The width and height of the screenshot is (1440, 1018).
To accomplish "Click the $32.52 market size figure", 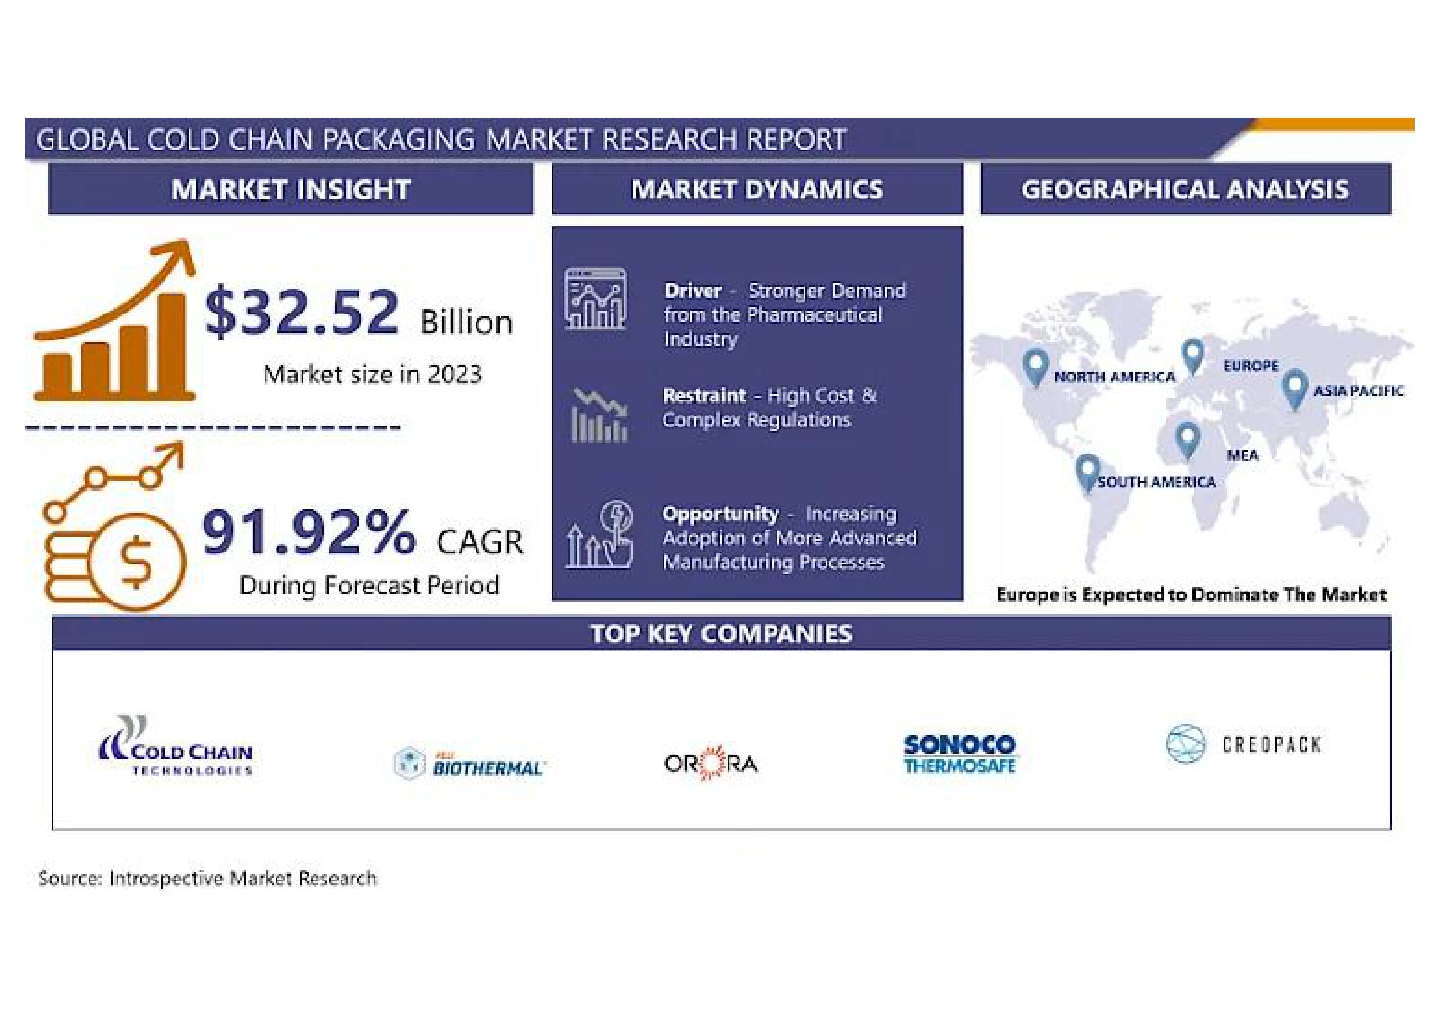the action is click(x=301, y=312).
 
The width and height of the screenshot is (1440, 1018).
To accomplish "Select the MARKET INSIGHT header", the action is click(x=291, y=189).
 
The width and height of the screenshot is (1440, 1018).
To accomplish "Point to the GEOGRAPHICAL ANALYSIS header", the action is click(x=1185, y=189).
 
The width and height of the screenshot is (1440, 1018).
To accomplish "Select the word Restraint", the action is click(x=704, y=395).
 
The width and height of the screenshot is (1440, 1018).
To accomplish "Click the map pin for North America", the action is click(x=1035, y=366).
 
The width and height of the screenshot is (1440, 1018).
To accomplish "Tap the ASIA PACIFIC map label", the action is click(x=1358, y=391).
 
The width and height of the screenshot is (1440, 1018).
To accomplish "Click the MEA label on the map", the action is click(x=1243, y=455).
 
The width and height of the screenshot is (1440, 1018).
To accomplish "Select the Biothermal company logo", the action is click(x=469, y=763).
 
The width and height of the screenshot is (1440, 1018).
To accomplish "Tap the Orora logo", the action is click(x=711, y=763).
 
